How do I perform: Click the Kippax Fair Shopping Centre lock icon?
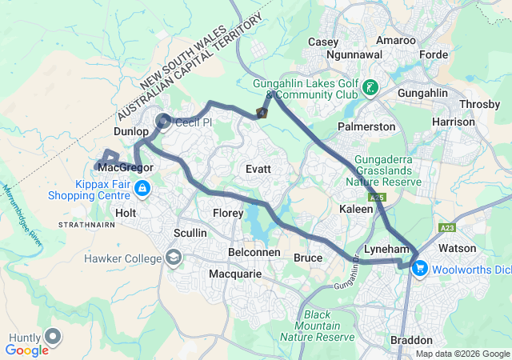(x=142, y=188)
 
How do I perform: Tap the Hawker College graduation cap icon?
(x=174, y=257)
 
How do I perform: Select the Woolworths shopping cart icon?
(x=419, y=270)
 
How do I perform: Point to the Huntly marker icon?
(x=54, y=337)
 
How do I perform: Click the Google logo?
(x=27, y=350)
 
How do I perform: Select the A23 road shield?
(x=448, y=228)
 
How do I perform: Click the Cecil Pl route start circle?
(x=163, y=122)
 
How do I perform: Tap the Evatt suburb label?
(x=258, y=170)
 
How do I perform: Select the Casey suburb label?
(x=323, y=41)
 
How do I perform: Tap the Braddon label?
(x=411, y=340)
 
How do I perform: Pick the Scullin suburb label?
(x=190, y=233)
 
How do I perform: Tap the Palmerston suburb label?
(x=366, y=126)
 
